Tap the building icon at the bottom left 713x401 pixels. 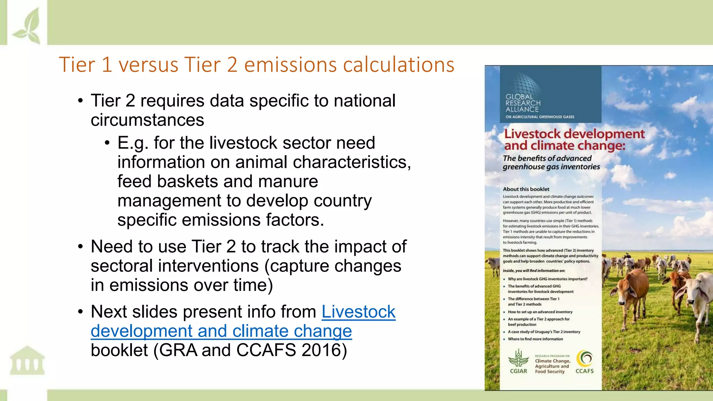coord(27,361)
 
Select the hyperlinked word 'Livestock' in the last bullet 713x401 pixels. coord(358,312)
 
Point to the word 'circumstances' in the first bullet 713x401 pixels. coord(147,120)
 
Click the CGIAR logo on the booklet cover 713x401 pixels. coord(518,362)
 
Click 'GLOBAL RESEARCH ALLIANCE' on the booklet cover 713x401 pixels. coord(523,103)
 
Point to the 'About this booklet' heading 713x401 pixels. coord(526,189)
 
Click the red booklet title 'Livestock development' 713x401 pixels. coord(574,134)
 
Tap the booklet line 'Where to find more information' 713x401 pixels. coord(535,339)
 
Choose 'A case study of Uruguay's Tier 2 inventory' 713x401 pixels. coord(544,332)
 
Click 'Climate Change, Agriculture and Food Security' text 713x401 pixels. coord(552,366)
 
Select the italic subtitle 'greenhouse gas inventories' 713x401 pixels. coord(551,167)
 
